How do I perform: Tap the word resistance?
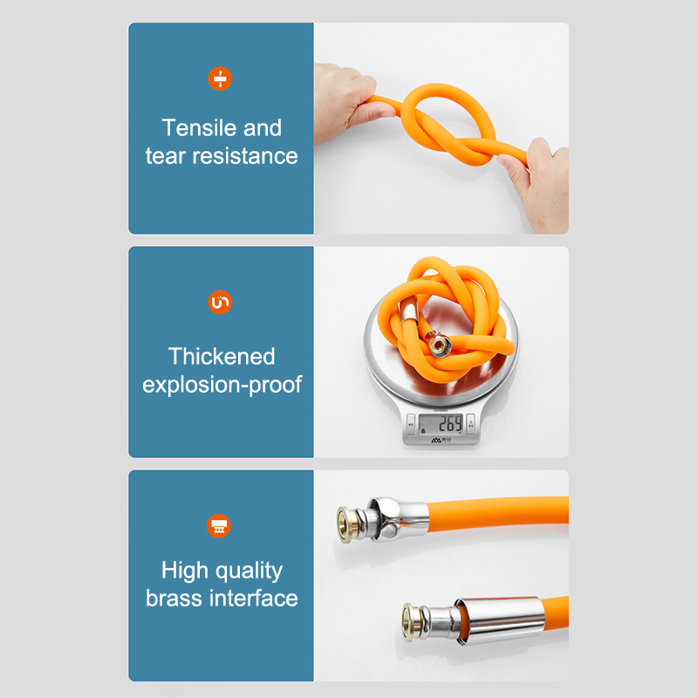tap(245, 156)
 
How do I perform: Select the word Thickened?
tap(222, 356)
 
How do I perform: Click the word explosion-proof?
tap(222, 385)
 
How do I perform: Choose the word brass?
tap(174, 598)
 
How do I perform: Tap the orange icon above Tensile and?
tap(220, 79)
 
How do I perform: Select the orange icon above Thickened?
tap(220, 302)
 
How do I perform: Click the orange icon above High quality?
tap(219, 526)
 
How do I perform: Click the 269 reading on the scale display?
tap(450, 424)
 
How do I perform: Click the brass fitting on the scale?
tap(439, 344)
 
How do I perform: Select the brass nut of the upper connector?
tap(347, 524)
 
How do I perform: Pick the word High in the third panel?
tap(185, 571)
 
